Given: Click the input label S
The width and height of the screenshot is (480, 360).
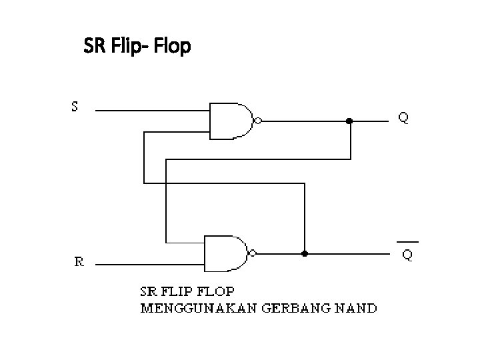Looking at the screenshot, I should coord(75,107).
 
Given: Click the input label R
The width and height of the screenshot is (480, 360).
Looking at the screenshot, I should coord(79,262).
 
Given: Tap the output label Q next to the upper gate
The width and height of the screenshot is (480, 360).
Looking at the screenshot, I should coord(404,118).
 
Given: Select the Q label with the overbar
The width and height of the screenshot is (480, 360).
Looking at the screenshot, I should coord(407,255).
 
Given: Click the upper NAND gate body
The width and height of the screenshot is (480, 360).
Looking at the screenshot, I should coord(230,121).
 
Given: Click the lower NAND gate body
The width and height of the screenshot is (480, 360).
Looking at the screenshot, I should coord(224,253).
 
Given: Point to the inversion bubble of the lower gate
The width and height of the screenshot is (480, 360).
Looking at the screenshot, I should coord(252,253).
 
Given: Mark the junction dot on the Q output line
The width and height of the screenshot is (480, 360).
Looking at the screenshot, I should coord(349,121).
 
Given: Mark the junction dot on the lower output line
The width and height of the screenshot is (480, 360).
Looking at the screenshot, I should coord(305,253).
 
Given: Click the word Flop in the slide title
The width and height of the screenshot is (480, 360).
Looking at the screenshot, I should coord(172,47).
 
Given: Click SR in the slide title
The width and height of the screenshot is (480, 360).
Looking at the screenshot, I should coord(94,47).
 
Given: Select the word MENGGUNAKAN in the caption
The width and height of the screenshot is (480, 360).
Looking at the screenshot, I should coord(192,308).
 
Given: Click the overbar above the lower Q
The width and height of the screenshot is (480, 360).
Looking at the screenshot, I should coord(407,241).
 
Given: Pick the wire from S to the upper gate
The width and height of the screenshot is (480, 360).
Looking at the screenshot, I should coord(153,110).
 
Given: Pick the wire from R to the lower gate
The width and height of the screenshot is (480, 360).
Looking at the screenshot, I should coord(150,264).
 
